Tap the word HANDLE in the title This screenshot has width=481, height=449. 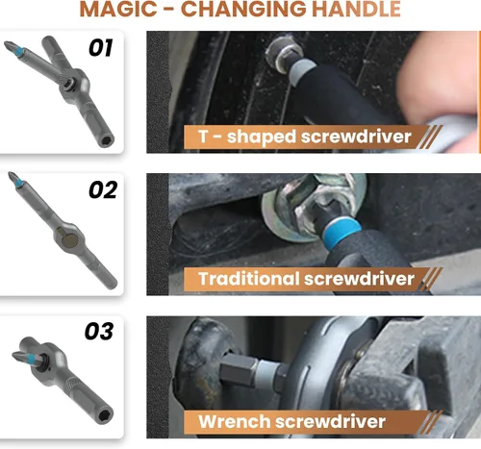click(356, 9)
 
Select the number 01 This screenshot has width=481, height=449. click(101, 48)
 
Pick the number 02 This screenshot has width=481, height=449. click(103, 189)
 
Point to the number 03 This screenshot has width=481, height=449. click(99, 331)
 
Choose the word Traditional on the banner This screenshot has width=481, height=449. click(248, 278)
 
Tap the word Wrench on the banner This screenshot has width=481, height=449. click(235, 421)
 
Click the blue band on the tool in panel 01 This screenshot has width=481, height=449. click(20, 51)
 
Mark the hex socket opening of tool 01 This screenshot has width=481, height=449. click(108, 140)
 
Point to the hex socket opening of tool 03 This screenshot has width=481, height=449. click(106, 416)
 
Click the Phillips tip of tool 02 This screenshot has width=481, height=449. click(13, 177)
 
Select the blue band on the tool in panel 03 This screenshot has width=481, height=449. click(32, 358)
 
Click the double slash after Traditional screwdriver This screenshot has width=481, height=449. click(431, 280)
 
